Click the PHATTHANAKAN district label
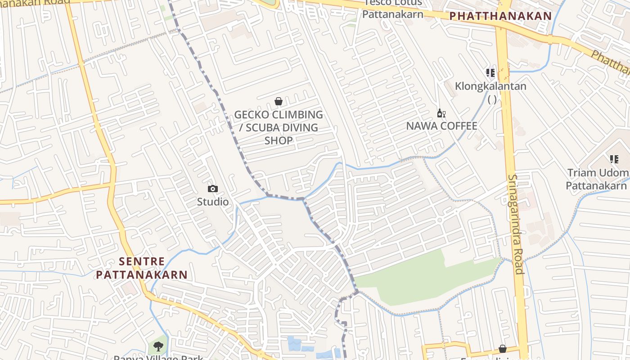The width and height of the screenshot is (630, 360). pos(500,16)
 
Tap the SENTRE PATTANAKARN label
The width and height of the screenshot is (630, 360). pos(142,268)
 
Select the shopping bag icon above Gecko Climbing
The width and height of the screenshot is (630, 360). pos(279,101)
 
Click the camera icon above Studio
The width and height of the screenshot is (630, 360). pos(213,189)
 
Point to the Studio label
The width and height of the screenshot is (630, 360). pos(213,202)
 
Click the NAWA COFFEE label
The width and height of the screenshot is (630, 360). pos(441,126)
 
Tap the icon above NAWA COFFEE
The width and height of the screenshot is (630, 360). pos(441,113)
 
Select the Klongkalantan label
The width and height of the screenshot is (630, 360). pos(490,86)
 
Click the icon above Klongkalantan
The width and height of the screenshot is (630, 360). pos(490,72)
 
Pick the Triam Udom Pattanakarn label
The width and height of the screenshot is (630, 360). pos(598,179)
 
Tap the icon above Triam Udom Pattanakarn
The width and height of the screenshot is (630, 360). pos(614,159)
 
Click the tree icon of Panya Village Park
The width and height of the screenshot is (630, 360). pos(158,346)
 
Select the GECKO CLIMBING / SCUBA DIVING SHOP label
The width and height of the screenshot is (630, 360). pos(279,127)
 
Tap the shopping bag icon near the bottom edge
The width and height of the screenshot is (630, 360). pos(502,349)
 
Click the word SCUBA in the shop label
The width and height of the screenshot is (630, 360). pos(263,127)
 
